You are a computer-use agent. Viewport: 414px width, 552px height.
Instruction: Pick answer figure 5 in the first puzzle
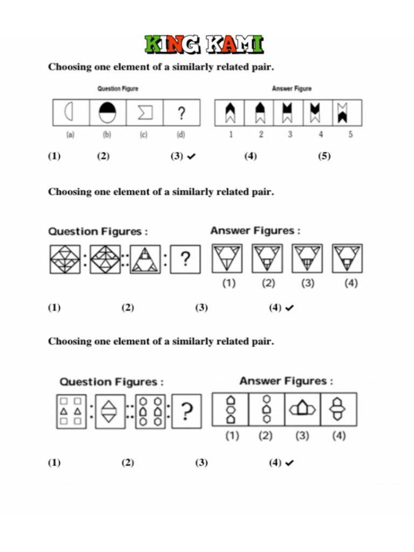tap(342, 113)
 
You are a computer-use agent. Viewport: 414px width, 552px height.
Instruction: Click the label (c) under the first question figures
tap(143, 135)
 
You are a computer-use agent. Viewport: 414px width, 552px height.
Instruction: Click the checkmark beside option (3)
tap(191, 156)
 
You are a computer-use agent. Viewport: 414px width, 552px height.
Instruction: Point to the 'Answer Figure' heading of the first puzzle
tap(292, 88)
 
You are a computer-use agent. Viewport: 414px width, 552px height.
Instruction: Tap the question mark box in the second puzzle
tap(185, 259)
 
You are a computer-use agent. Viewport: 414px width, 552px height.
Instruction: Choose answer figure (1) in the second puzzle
tap(227, 259)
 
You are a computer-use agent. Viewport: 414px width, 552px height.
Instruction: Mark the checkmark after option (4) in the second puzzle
tap(289, 308)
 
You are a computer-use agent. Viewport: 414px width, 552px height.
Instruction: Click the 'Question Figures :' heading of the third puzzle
tap(111, 382)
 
